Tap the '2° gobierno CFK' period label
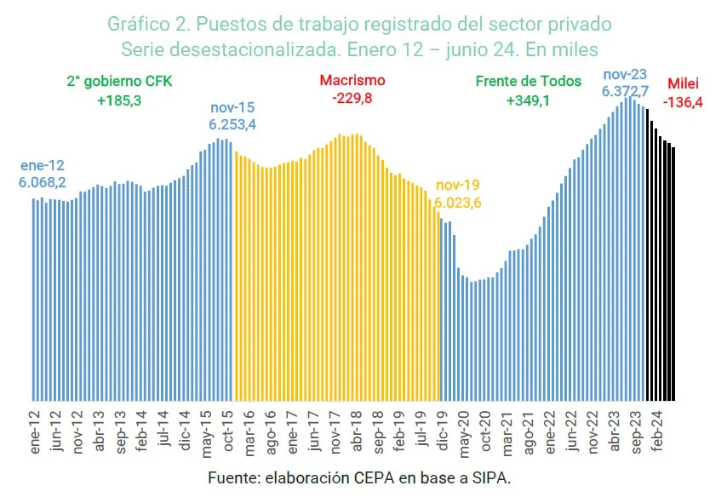119,83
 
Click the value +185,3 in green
119,101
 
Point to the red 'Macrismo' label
352,81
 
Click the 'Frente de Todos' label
529,82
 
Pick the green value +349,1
529,100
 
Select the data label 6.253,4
232,124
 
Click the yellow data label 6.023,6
459,203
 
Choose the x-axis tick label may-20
464,430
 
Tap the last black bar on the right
673,273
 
